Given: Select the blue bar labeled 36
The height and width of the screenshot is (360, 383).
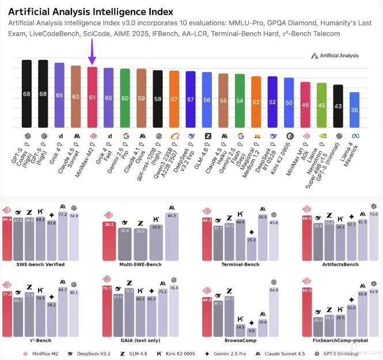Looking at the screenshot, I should [355, 109].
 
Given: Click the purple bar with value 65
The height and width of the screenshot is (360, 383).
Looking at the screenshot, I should [59, 95].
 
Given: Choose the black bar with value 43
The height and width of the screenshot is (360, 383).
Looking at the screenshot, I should [339, 106].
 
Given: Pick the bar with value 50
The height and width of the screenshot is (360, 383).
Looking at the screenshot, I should [289, 103].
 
